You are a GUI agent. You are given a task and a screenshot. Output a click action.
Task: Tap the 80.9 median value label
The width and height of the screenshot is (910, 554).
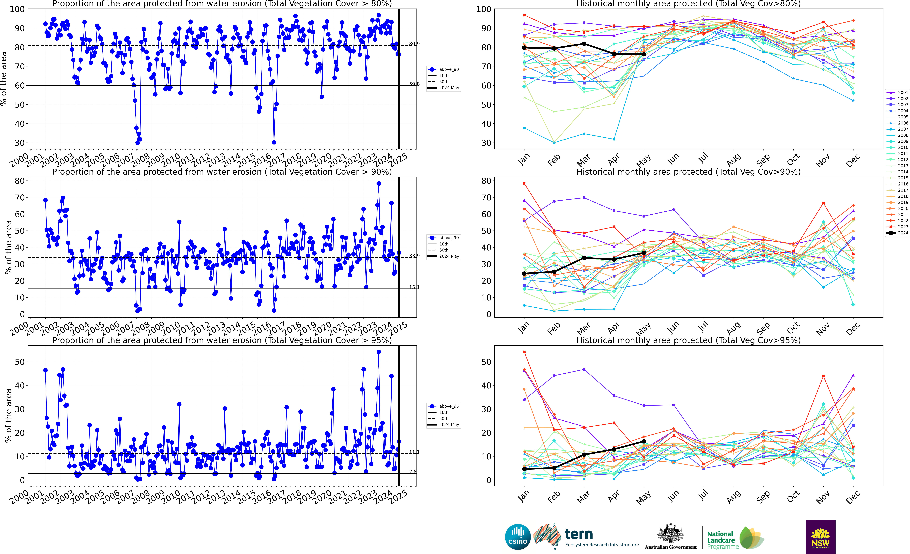(x=414, y=44)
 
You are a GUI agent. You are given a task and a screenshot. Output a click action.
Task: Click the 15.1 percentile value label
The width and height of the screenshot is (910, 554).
(x=414, y=287)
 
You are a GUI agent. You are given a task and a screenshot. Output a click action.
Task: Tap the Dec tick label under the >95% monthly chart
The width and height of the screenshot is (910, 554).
(x=853, y=497)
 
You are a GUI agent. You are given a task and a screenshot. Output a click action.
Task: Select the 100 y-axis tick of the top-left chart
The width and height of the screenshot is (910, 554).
(x=17, y=9)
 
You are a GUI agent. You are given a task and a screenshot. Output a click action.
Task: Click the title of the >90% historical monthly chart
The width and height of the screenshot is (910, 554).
(x=688, y=172)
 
